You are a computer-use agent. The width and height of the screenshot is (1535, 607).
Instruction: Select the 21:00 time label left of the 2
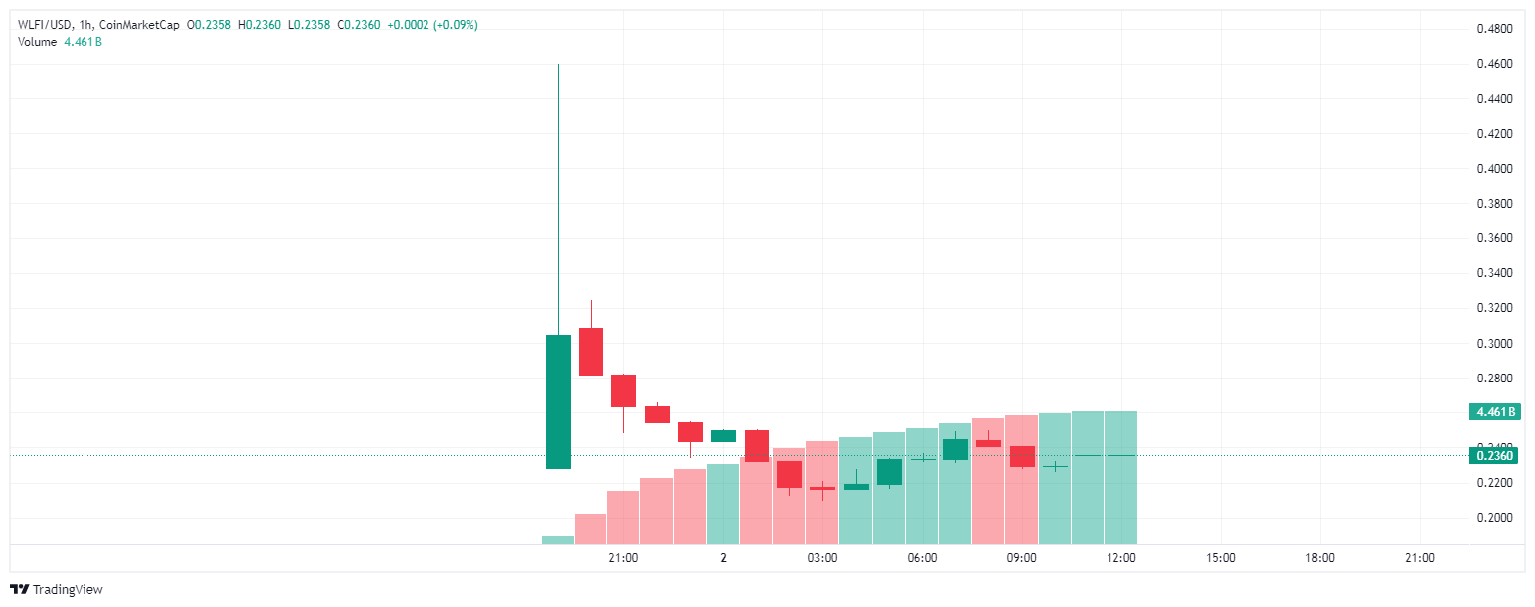623,558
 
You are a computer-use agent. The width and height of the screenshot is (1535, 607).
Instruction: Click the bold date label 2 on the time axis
724,558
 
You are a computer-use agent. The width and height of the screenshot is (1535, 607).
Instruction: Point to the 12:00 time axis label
1121,558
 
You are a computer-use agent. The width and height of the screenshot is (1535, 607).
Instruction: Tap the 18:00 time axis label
1320,558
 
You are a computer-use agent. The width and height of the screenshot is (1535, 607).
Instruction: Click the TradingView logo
57,590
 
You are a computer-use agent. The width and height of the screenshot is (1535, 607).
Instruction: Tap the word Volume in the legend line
38,42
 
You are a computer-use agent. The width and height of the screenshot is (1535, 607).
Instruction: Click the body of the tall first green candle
558,401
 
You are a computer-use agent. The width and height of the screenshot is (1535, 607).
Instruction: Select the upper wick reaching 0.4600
558,199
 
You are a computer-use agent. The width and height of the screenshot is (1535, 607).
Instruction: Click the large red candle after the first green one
592,352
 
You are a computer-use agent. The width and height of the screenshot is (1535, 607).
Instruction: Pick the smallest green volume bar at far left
558,540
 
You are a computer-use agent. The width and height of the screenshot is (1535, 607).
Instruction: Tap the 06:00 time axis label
922,558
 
